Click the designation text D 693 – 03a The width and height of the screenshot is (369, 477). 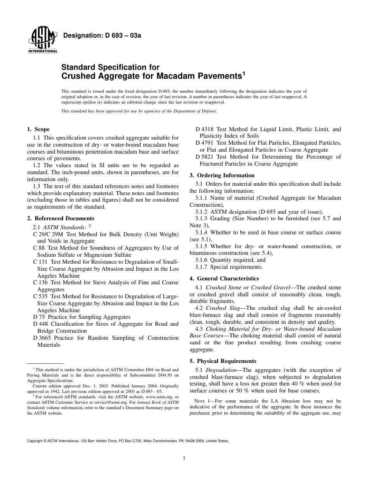(x=102, y=36)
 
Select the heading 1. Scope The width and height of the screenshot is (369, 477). (x=38, y=130)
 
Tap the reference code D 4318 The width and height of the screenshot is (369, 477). (x=204, y=130)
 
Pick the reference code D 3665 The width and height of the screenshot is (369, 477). (x=43, y=338)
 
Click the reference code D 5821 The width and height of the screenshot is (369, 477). (x=204, y=157)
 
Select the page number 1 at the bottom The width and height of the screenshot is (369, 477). (x=184, y=458)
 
